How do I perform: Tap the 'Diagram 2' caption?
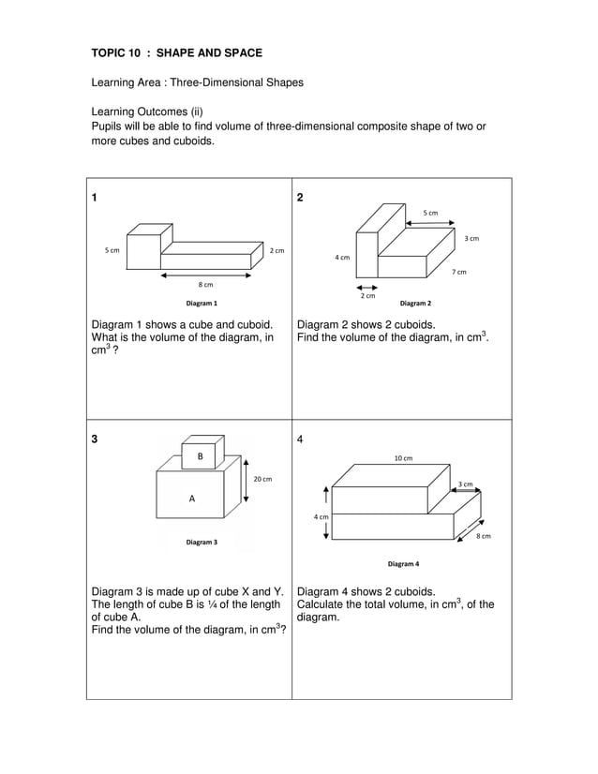415,304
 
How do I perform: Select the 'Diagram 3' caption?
201,542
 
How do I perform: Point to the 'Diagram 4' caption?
403,564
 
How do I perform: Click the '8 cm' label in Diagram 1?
205,284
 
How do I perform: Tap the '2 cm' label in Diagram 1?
277,250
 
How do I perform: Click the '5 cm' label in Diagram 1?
112,250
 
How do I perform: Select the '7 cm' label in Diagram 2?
459,272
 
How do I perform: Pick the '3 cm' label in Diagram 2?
471,239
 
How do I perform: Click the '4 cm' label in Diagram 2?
342,257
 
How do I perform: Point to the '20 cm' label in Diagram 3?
262,479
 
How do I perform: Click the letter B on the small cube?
200,456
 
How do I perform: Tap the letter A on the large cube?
192,499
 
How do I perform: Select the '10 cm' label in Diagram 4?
403,458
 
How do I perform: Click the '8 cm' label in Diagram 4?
483,536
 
